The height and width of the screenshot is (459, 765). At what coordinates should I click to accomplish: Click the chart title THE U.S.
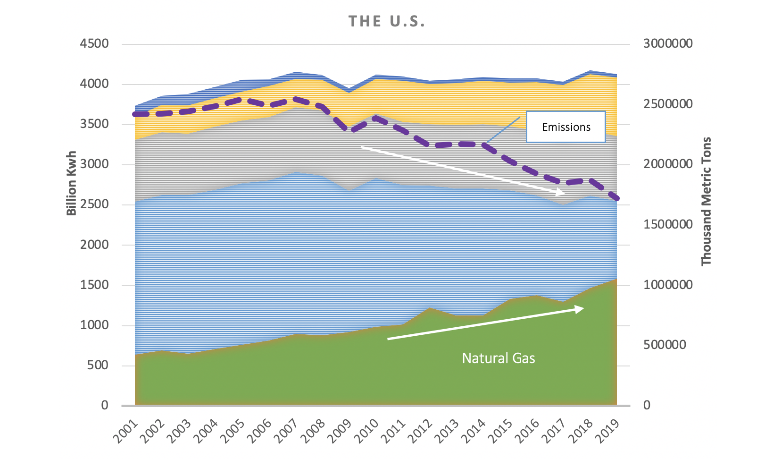point(387,22)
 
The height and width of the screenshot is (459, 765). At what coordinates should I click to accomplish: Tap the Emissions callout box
point(565,127)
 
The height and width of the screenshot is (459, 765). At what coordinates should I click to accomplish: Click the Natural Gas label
point(499,358)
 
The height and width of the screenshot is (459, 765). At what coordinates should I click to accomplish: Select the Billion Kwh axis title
point(71,183)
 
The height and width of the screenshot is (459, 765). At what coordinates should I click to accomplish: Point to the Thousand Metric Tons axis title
point(706,201)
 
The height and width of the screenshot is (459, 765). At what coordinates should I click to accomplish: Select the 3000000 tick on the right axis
point(668,44)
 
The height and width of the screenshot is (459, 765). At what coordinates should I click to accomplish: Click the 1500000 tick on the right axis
point(668,224)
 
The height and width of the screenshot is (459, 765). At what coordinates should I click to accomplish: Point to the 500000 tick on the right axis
point(665,345)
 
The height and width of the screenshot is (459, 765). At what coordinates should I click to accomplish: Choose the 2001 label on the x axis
point(125,430)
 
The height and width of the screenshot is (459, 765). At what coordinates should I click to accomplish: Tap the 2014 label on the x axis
point(473,430)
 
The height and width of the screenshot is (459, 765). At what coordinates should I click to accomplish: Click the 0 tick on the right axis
point(647,405)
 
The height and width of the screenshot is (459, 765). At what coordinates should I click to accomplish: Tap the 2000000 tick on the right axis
point(668,164)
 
